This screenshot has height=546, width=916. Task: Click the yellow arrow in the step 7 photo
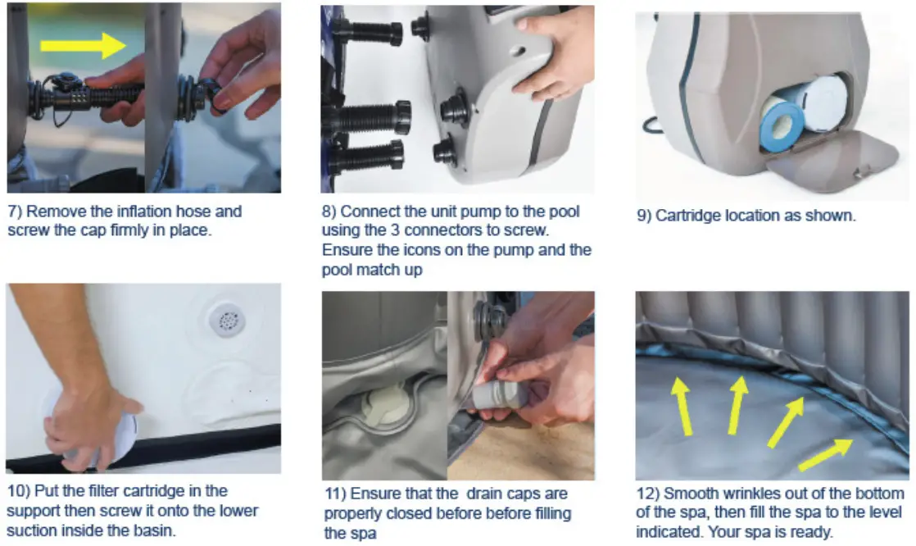click(84, 45)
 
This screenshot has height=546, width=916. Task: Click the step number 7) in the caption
click(15, 211)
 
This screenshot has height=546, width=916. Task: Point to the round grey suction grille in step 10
click(227, 320)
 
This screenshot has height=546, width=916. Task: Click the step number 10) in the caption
click(18, 490)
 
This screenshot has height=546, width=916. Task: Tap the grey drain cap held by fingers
click(493, 394)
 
